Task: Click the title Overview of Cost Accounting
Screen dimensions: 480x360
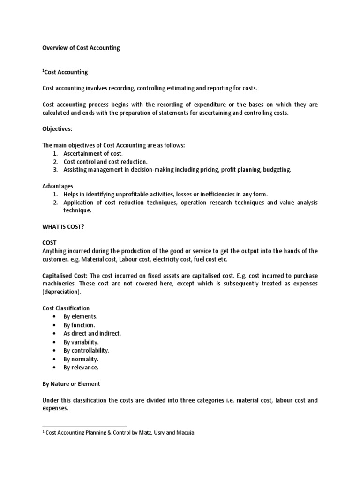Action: point(81,48)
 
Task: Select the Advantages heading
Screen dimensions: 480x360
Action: point(58,186)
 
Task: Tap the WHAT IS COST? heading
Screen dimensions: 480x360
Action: point(64,227)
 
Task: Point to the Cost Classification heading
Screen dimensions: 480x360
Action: point(66,308)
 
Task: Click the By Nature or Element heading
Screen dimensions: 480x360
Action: point(71,383)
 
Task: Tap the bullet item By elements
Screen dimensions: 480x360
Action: point(81,316)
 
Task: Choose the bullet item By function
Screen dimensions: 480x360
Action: point(79,325)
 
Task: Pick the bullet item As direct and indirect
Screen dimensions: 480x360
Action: point(92,333)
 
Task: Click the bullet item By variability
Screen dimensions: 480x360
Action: point(81,342)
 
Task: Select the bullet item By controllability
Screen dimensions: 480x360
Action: point(86,350)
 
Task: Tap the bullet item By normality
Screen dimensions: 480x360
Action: point(81,359)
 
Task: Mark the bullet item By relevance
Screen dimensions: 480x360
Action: point(81,367)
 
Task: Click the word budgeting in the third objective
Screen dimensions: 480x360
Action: point(277,170)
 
